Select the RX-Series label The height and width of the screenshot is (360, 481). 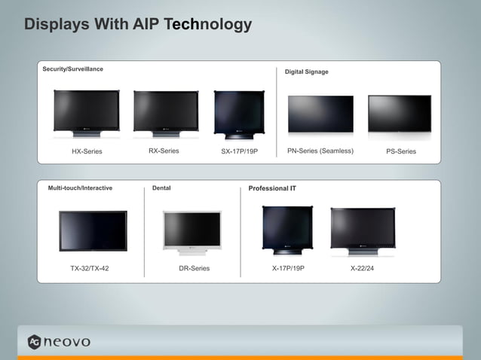[x=164, y=151]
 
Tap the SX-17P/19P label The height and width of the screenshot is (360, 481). [x=239, y=151]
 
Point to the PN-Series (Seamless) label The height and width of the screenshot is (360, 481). [x=320, y=151]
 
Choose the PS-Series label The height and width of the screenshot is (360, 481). [x=401, y=151]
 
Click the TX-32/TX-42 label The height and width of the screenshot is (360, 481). [x=90, y=268]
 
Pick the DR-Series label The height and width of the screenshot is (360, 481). [x=194, y=268]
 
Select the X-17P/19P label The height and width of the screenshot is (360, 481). [x=288, y=268]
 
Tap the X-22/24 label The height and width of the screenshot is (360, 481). [x=362, y=268]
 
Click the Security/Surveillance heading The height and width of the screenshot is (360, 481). [x=72, y=69]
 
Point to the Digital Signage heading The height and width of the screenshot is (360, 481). [x=306, y=72]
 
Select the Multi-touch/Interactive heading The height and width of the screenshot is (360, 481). [x=80, y=188]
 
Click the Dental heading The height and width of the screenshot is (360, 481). [x=161, y=188]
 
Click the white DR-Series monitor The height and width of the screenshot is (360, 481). [x=192, y=232]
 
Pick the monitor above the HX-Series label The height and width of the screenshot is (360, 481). [x=86, y=112]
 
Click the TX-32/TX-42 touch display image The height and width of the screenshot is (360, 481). [x=93, y=230]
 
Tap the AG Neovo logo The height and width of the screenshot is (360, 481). [x=59, y=341]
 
